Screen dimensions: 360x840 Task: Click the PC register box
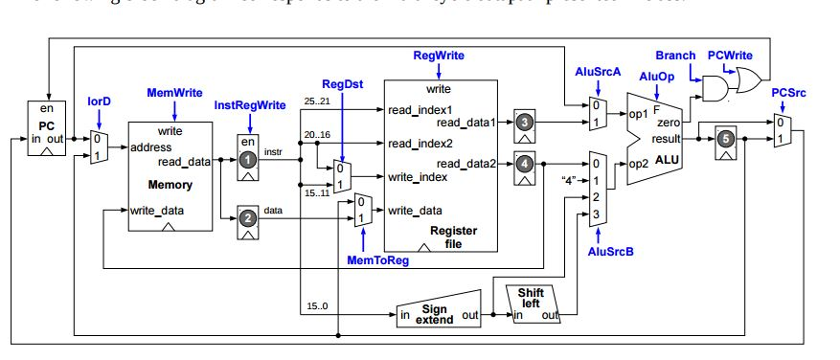click(44, 131)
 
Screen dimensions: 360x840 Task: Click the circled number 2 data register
click(249, 218)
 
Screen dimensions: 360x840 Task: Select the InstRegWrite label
click(249, 104)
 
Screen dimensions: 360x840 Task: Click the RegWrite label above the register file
click(439, 56)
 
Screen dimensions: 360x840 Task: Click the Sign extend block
click(436, 314)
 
